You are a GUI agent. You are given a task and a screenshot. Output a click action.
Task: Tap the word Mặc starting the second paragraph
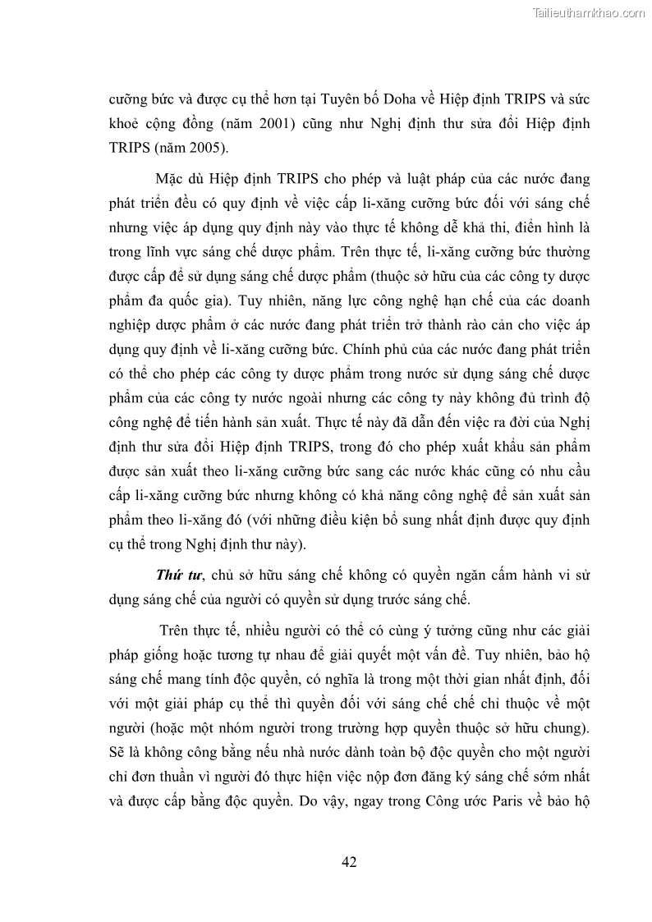169,179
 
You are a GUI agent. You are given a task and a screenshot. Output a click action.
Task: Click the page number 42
348,861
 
